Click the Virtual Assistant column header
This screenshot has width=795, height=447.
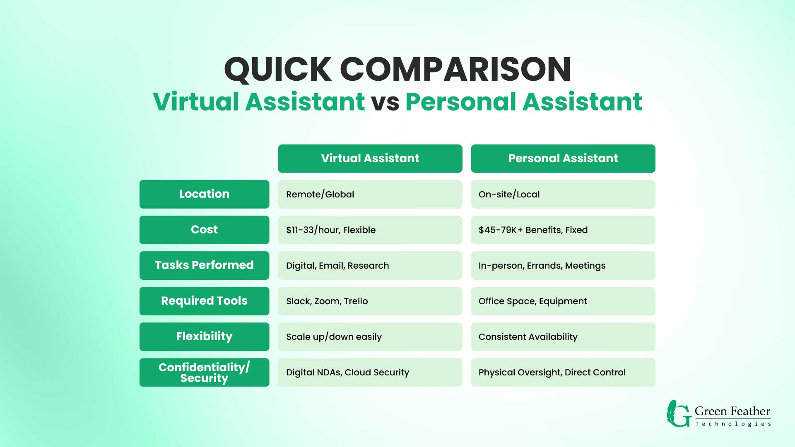pos(370,159)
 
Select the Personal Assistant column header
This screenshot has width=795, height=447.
pos(563,159)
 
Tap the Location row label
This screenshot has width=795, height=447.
pos(204,194)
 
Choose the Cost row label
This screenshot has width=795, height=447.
pos(204,230)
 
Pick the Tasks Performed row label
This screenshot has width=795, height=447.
pos(204,265)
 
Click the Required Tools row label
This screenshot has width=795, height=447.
pos(204,301)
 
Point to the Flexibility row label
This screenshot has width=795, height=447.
pos(204,336)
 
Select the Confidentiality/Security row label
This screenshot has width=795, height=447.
pos(204,372)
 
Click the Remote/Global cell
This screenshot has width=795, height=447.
pos(370,194)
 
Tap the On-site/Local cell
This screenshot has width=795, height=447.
pos(563,194)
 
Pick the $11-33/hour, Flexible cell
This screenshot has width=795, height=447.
pos(370,230)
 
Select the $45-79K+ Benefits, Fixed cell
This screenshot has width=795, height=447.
pos(563,230)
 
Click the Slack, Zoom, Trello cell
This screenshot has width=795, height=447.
pos(370,301)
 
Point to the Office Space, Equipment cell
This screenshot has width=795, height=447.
pos(563,301)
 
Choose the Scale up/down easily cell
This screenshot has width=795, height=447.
pos(370,336)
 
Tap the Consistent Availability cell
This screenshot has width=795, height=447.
pos(563,336)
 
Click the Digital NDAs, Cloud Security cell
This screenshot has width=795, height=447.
pos(370,372)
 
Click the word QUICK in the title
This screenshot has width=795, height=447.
pos(278,70)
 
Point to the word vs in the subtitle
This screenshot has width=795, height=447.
pos(385,102)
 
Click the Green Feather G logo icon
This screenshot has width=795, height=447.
pos(679,413)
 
